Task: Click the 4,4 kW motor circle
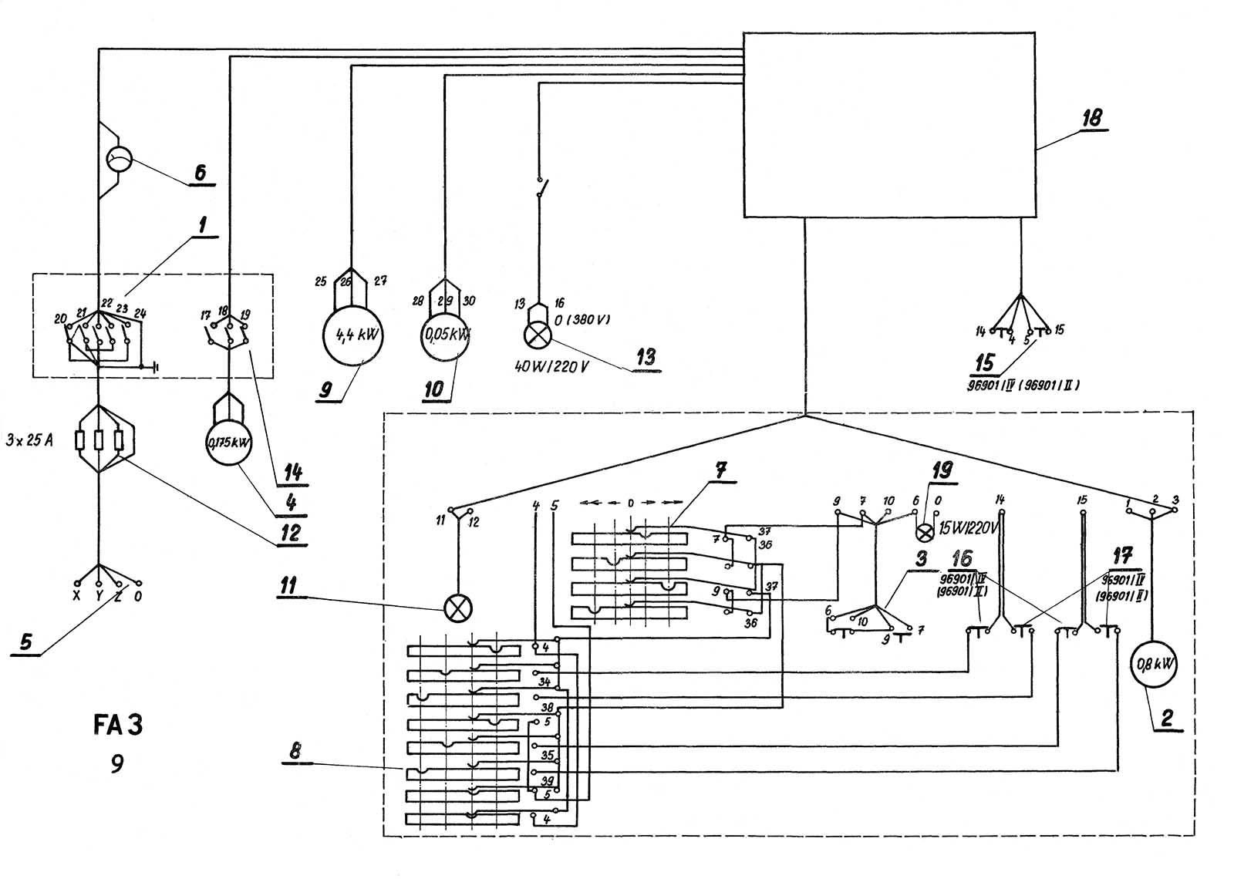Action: [353, 336]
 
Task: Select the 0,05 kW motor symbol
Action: [446, 336]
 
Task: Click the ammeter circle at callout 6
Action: [119, 160]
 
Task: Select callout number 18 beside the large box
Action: [1091, 118]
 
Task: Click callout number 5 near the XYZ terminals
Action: [26, 642]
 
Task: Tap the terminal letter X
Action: [76, 596]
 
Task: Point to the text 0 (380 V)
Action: [582, 319]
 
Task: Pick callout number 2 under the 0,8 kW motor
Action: [1167, 718]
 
